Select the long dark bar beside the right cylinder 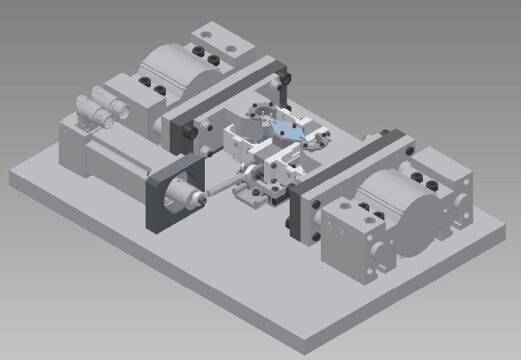[x=345, y=170]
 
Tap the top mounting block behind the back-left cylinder [x=226, y=45]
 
